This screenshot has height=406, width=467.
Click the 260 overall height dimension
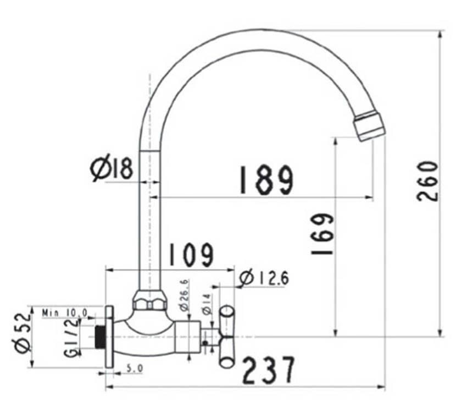tap(428, 181)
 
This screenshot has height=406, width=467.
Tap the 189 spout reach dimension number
tap(266, 180)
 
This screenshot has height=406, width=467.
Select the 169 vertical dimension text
tap(323, 234)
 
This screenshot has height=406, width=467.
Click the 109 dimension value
tap(191, 255)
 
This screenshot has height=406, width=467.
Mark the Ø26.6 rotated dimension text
tap(184, 295)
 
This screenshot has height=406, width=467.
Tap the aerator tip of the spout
tap(370, 125)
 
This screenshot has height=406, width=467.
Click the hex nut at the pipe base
tap(149, 303)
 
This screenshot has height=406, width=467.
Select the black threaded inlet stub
tap(100, 337)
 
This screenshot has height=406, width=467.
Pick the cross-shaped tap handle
tap(227, 336)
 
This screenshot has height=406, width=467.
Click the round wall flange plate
tap(109, 337)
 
